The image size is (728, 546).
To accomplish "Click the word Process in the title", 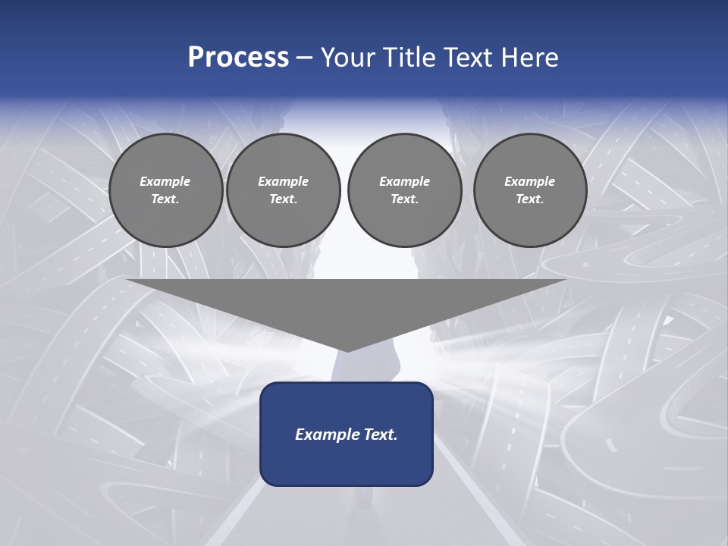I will point(238,58).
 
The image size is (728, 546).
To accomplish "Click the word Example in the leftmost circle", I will point(165,181).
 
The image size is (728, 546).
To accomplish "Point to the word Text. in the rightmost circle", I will point(530,199).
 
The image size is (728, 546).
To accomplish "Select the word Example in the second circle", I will point(284,181).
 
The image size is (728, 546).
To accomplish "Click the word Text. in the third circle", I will point(405,199).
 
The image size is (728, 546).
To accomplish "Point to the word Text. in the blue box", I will point(381,435).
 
